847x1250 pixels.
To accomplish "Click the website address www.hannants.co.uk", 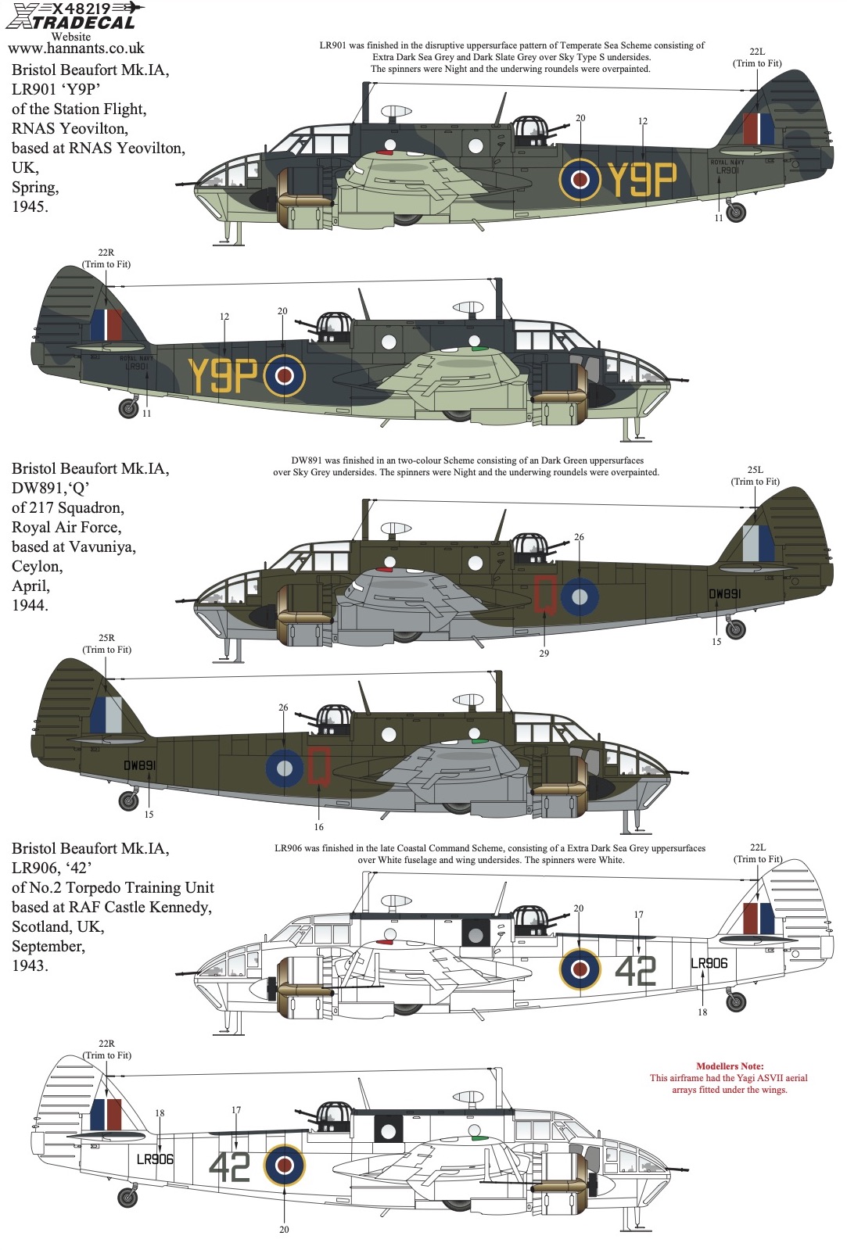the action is coord(76,48).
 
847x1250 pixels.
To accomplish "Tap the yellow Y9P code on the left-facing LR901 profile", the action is coord(641,179).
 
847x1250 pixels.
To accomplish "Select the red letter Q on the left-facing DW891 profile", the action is coord(544,595).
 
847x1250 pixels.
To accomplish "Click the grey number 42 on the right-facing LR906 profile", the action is coord(229,1167).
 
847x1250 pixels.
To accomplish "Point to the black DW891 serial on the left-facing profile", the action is coord(725,594).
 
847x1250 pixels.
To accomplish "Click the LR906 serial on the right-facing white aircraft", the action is coord(155,1159).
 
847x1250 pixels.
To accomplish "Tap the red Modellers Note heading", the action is coord(729,1066).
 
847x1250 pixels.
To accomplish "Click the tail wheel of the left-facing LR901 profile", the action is coord(737,212).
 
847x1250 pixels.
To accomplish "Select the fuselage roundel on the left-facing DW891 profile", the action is coord(580,596).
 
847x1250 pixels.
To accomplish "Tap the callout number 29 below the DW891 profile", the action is coord(544,654).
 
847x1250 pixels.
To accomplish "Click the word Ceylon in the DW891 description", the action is coord(37,567).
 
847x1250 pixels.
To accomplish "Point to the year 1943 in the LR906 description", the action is coord(31,965).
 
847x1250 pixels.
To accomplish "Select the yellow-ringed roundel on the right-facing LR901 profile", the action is coord(284,375).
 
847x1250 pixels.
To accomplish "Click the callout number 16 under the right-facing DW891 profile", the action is coord(318,827).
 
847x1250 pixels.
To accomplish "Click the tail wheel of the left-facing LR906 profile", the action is coord(736,1001).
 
